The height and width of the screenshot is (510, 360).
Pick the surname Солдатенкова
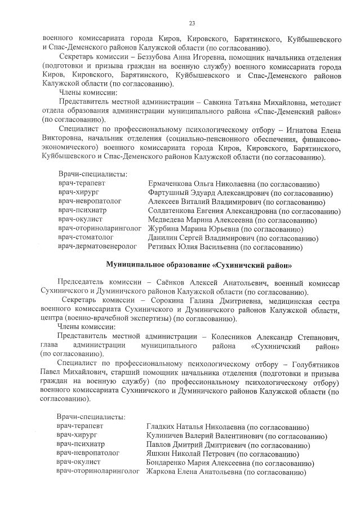(x=174, y=211)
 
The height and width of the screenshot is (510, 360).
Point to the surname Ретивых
(x=163, y=247)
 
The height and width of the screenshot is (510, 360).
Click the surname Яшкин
(x=158, y=454)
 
